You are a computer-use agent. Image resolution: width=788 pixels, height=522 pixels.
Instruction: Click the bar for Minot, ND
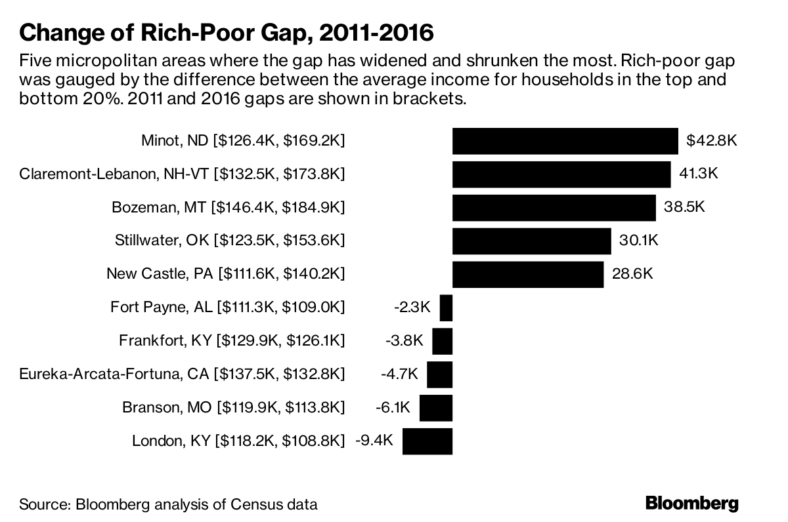click(565, 141)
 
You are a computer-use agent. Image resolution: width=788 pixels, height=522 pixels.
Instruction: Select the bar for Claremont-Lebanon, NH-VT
click(561, 174)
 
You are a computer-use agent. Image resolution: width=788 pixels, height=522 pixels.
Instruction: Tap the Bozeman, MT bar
click(554, 208)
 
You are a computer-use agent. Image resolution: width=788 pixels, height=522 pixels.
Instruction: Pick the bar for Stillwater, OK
click(531, 241)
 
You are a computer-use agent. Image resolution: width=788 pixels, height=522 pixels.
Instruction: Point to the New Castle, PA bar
click(527, 274)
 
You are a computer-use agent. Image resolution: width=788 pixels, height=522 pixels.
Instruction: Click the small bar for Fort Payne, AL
click(446, 308)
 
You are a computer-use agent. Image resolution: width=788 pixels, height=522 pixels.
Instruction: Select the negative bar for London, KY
click(427, 441)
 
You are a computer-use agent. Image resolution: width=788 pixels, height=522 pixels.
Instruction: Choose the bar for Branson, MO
click(435, 407)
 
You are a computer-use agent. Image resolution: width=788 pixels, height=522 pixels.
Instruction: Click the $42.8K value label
click(712, 140)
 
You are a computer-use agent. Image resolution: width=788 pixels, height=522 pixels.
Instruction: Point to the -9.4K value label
click(374, 440)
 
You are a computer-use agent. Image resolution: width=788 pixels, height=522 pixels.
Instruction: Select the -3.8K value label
click(404, 341)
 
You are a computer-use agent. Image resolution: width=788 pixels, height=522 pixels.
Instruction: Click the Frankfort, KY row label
click(231, 341)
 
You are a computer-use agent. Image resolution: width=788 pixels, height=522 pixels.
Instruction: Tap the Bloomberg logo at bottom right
click(691, 504)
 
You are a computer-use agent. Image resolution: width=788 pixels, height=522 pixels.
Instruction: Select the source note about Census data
click(169, 505)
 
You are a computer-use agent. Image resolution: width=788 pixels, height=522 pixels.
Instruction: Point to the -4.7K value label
click(399, 374)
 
